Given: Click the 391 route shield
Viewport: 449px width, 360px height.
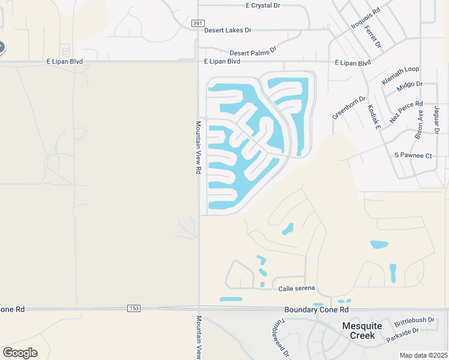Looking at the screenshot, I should point(198,23).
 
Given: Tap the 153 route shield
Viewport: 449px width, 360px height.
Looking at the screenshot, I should point(134,308).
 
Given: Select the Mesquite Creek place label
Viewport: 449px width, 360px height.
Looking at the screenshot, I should point(363,331).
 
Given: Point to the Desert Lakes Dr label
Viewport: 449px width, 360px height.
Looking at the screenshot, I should point(228,30).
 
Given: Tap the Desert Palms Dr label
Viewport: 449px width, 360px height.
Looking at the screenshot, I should point(253,52).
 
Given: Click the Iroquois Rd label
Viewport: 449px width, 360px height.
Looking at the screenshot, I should point(366,19).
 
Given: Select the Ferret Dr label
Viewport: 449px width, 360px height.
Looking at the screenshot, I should point(372,36).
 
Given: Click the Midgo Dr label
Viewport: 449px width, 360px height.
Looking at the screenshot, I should point(410,87).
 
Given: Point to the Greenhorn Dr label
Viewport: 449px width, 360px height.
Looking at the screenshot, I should point(349,107).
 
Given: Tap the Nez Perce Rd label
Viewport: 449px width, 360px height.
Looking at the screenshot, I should point(406,112).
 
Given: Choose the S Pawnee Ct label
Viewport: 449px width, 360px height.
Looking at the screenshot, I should point(413,156).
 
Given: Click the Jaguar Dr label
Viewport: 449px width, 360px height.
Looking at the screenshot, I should point(436,120).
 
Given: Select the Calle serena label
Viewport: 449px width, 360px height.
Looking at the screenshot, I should point(297,289).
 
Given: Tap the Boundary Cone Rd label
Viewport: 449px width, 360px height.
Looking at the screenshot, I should point(316,310).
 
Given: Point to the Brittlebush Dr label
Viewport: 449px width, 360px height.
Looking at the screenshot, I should point(414,321).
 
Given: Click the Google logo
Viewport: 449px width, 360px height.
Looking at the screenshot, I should point(20,352).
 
